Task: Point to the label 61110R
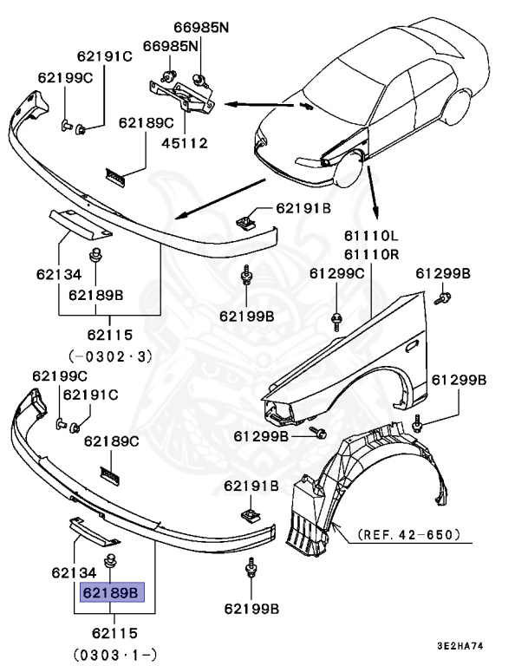click(x=370, y=254)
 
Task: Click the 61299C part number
click(x=337, y=273)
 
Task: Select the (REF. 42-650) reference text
click(x=407, y=535)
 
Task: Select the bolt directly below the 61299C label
click(x=336, y=320)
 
